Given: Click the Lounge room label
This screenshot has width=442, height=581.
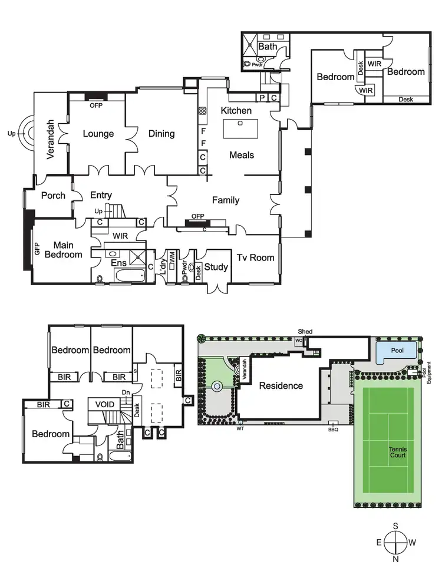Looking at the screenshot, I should click(98, 134).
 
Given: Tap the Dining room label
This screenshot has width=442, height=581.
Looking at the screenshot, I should click(161, 134).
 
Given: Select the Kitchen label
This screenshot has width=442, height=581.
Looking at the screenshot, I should click(236, 111).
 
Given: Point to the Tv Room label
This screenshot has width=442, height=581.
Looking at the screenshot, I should click(252, 258).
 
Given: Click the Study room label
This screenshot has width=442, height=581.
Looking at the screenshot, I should click(216, 267).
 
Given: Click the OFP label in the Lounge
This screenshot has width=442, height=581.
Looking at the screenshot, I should click(95, 106).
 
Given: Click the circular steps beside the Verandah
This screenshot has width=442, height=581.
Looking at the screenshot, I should click(27, 133).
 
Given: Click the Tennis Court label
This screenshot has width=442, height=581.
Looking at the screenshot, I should click(397, 452).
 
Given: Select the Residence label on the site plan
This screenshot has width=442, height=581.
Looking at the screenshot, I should click(281, 386).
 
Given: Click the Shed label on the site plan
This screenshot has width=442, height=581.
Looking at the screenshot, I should click(305, 332).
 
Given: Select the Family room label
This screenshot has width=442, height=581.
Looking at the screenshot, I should click(226, 200).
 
